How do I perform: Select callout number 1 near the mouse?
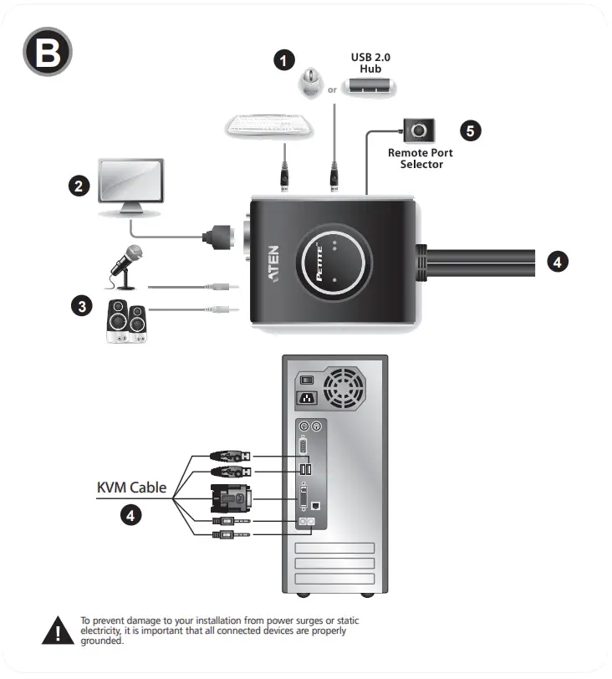coord(286,59)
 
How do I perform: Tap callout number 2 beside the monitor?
coord(79,186)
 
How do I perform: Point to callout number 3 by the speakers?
coord(80,306)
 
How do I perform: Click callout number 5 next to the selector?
coord(472,130)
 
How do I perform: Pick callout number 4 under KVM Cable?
coord(130,516)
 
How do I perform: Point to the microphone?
coord(125,260)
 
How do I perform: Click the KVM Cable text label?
coord(131,487)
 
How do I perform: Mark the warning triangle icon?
coord(58,631)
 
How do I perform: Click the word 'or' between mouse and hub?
coord(332,89)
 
